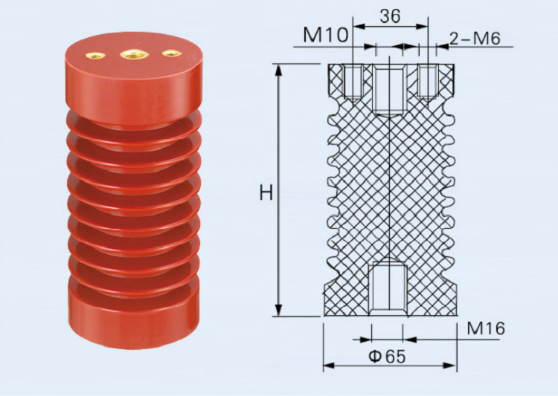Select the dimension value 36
391,15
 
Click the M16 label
486,328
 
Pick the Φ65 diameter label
386,356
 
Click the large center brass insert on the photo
134,53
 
